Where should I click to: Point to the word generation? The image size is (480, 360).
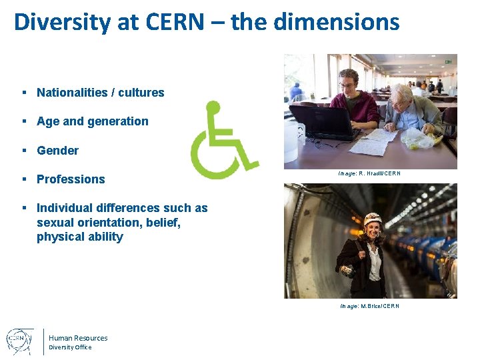[x=117, y=121]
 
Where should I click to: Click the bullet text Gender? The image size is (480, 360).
[x=57, y=151]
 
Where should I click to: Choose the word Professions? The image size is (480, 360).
[x=71, y=179]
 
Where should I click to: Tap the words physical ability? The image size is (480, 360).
[x=80, y=237]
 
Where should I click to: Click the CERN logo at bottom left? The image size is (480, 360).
[x=20, y=341]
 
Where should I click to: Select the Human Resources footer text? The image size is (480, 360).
[x=78, y=338]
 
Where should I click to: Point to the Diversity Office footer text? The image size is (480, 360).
[x=70, y=347]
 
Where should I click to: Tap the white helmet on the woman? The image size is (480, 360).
[x=372, y=219]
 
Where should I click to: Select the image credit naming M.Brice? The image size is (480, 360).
[x=369, y=306]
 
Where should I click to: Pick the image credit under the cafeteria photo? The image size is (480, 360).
[x=369, y=174]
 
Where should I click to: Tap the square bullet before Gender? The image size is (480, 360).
[x=23, y=151]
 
